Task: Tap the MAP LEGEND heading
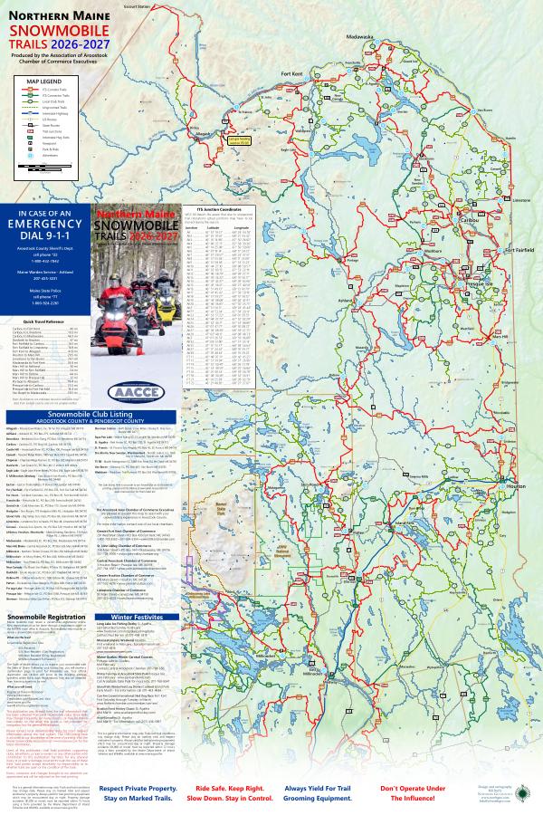43,80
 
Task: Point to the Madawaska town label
358,36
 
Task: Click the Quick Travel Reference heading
45,321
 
